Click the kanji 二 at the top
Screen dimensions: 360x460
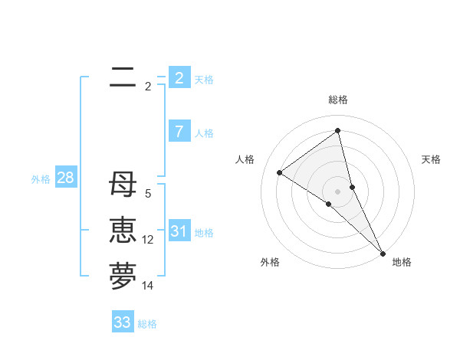[x=123, y=77]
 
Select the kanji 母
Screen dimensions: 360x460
[x=123, y=185]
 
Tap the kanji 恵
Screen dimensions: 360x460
[x=123, y=231]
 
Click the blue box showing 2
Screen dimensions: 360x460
[x=179, y=78]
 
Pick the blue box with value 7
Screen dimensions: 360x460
[x=179, y=132]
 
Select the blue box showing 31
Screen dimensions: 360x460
[x=179, y=231]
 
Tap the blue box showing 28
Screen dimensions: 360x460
[x=65, y=178]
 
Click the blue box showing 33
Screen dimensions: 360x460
[x=122, y=322]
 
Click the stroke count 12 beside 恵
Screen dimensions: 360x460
[x=148, y=240]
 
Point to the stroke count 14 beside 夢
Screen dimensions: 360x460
[x=148, y=286]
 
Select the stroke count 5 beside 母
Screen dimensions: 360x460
[x=148, y=194]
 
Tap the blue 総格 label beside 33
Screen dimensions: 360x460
[x=147, y=324]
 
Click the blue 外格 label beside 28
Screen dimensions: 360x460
[x=41, y=179]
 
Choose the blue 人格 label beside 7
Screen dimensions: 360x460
[x=204, y=133]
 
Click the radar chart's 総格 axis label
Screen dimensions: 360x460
[x=338, y=100]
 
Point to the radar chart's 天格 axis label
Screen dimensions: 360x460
[x=431, y=159]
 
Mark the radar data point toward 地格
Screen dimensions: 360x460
[x=383, y=252]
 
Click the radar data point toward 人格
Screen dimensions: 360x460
[x=279, y=172]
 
